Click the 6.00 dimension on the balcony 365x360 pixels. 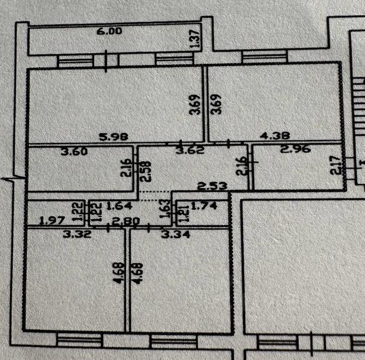[109, 32]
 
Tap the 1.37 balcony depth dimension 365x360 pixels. [194, 38]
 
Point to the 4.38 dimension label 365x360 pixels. [275, 136]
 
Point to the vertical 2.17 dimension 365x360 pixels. [338, 166]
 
